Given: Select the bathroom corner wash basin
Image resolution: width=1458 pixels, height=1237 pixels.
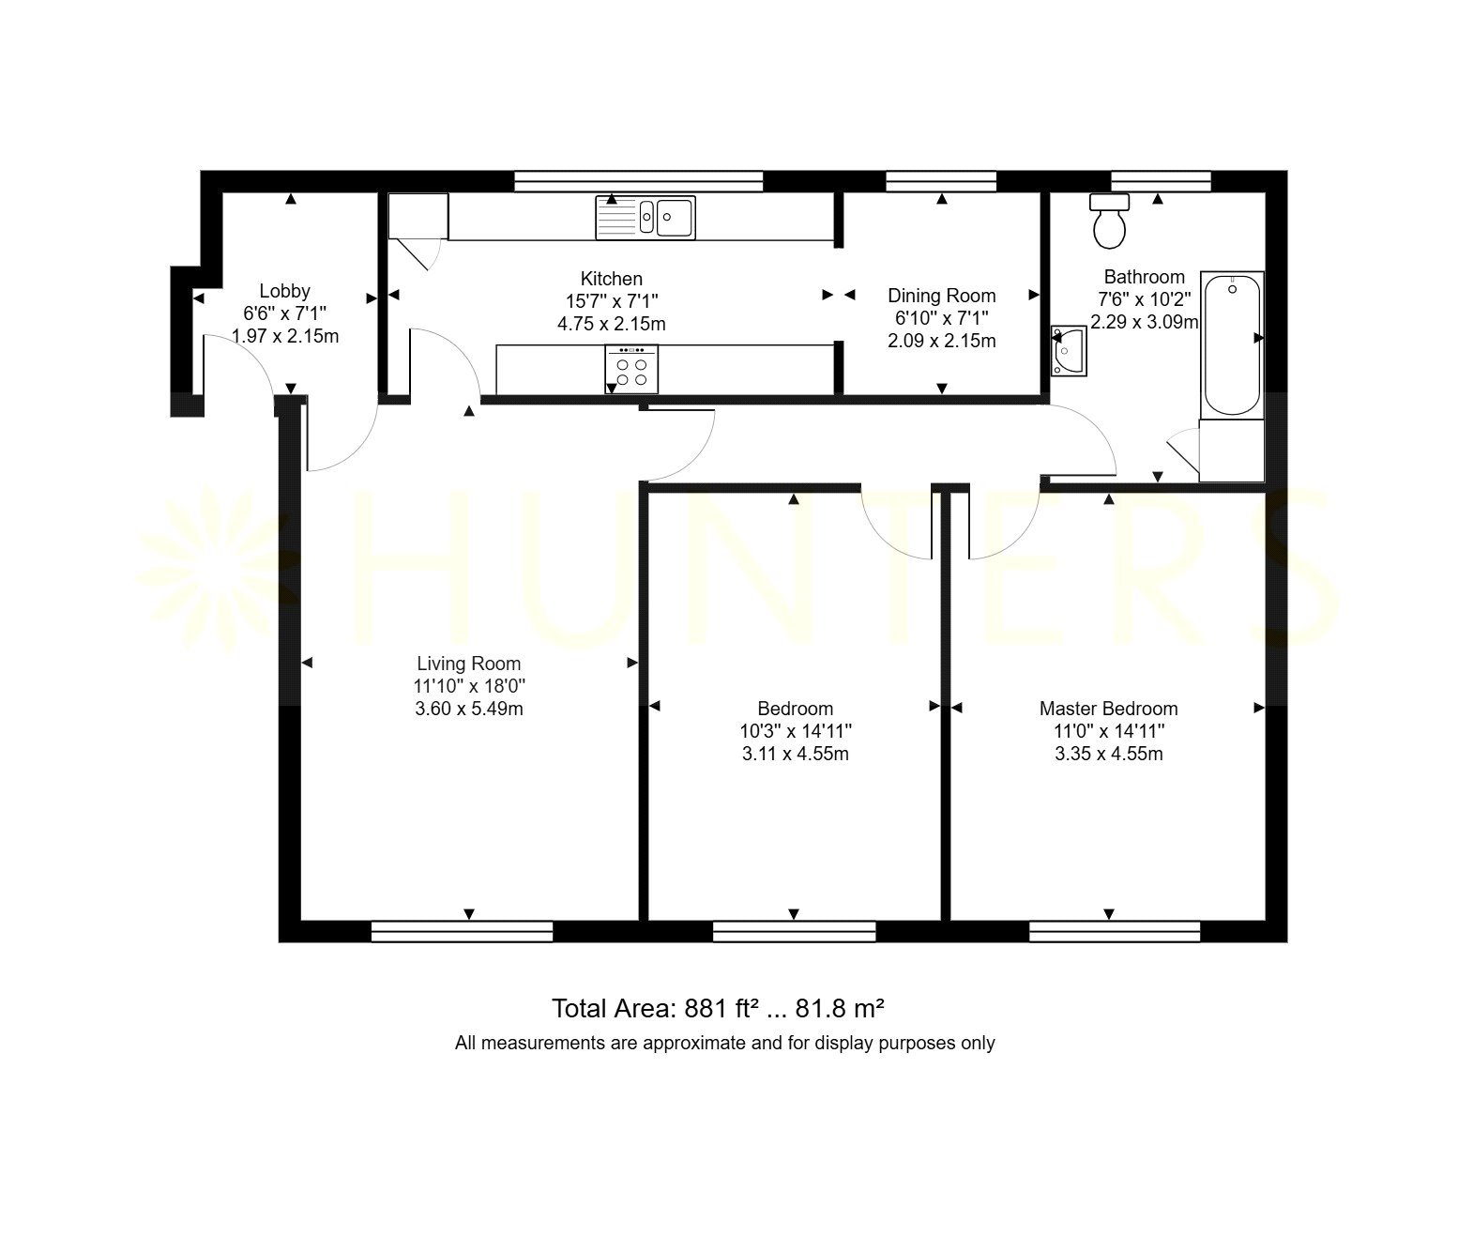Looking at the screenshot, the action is click(x=1068, y=351).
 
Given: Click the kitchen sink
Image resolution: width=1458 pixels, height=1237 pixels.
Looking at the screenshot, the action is click(x=645, y=218).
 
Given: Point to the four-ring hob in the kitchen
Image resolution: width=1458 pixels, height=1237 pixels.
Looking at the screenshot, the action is click(x=631, y=369).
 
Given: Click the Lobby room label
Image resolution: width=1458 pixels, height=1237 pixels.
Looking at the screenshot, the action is click(x=285, y=291).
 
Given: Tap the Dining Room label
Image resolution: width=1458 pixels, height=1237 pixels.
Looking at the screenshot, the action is click(x=942, y=295).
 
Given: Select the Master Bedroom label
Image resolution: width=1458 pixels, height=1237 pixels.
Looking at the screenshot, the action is click(x=1109, y=709).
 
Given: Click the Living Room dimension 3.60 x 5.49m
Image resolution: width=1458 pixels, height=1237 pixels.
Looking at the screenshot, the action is click(x=469, y=709).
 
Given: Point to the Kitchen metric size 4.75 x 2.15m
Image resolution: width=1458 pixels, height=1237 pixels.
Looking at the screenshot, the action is click(x=612, y=324).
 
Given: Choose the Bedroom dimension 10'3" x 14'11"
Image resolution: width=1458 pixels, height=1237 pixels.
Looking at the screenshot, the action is click(x=796, y=731).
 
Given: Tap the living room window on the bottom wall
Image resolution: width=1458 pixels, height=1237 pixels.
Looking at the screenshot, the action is click(x=462, y=931).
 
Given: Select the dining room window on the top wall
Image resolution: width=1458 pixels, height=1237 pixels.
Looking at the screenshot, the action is click(x=941, y=181).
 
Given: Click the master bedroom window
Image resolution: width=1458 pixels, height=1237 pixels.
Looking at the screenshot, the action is click(x=1115, y=931).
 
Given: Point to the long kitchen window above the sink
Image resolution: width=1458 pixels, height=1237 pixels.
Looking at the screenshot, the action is click(x=638, y=181).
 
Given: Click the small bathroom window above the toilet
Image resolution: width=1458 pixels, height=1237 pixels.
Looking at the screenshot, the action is click(x=1161, y=181).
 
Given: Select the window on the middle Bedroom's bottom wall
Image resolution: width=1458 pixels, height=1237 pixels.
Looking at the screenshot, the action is click(x=795, y=931).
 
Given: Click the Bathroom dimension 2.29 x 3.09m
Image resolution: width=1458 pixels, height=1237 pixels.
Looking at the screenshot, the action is click(x=1144, y=322).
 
